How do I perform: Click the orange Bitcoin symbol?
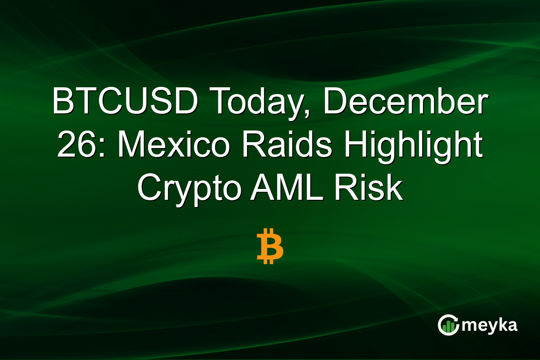pos(270,246)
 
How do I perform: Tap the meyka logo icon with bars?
pos(448,325)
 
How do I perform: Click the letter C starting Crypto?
pos(148,189)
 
